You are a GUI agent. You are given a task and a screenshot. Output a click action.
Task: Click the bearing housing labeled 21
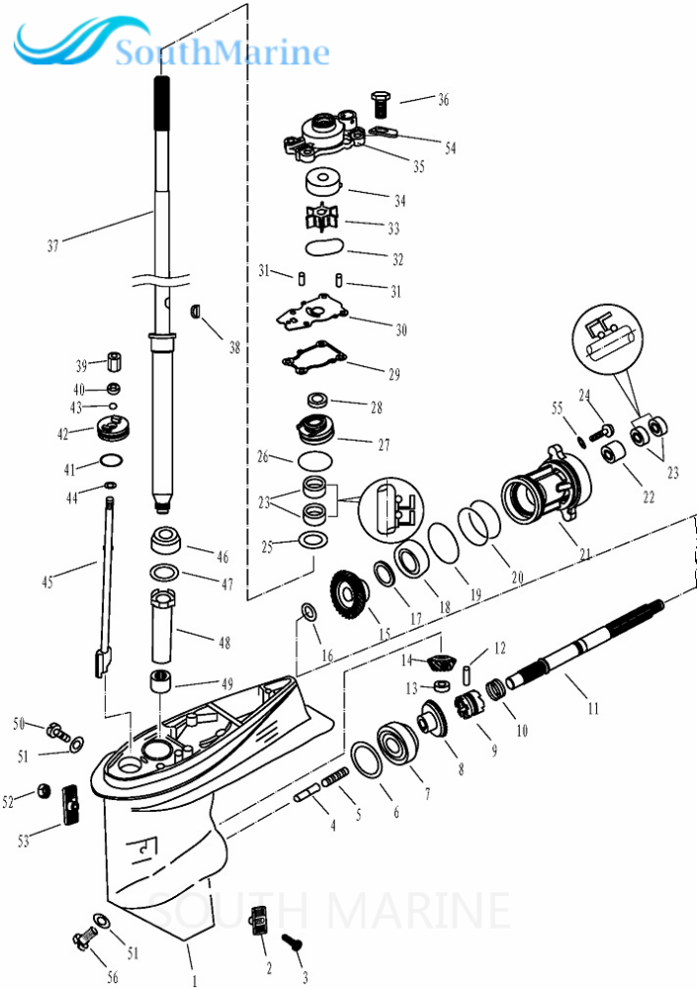pos(548,489)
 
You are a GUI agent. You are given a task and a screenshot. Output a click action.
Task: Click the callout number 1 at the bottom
pos(195,981)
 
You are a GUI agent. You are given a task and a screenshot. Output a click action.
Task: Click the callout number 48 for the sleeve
pos(225,643)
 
